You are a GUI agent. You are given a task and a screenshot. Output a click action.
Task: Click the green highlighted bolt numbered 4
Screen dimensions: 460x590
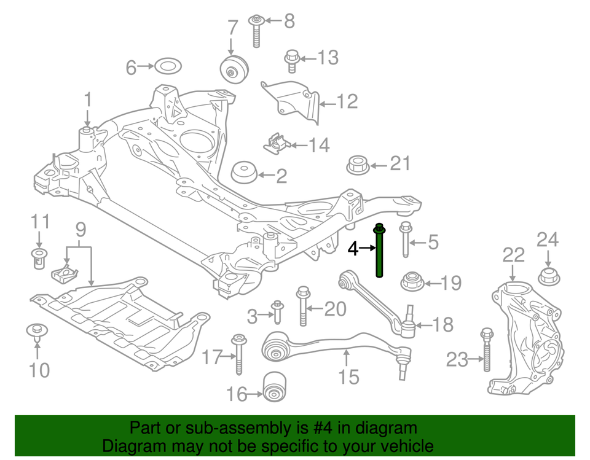pos(380,252)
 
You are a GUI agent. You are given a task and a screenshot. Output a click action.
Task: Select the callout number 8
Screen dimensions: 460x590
pos(288,21)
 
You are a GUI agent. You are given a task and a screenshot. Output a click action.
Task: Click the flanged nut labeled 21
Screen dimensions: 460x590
pos(358,165)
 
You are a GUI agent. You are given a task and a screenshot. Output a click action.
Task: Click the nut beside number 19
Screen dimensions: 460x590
pos(411,283)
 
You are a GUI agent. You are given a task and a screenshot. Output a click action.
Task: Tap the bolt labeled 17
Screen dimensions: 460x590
pos(238,354)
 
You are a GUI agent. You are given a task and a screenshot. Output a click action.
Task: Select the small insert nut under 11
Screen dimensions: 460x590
pos(39,258)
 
